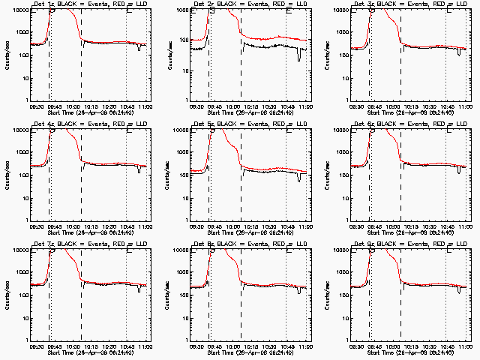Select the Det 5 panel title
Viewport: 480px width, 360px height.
click(x=248, y=124)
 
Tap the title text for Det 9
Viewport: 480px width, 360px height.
click(x=408, y=244)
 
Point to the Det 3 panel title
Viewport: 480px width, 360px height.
click(x=408, y=4)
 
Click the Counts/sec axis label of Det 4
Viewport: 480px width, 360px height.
click(x=7, y=175)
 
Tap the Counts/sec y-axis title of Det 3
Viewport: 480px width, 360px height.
click(x=327, y=55)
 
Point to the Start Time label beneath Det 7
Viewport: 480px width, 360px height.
click(x=91, y=352)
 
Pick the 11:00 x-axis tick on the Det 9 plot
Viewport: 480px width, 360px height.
click(x=465, y=346)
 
